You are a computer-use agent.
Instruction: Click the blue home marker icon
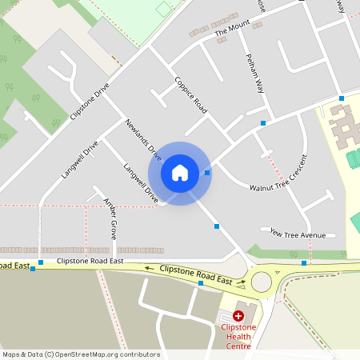[180, 173]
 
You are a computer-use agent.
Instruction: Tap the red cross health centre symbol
[238, 317]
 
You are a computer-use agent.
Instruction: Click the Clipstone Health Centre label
[237, 336]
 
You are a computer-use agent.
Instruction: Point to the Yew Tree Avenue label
[298, 234]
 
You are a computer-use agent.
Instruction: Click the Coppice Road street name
[191, 94]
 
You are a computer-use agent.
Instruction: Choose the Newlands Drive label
[144, 140]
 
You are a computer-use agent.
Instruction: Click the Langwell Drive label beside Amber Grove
[141, 182]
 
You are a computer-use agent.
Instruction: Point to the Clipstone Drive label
[90, 101]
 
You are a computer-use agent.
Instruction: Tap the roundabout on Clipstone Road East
[262, 281]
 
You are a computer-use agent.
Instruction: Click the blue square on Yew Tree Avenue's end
[304, 262]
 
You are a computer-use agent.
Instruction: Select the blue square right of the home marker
[207, 173]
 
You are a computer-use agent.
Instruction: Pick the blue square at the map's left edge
[33, 269]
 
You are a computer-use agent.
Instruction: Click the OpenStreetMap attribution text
[81, 354]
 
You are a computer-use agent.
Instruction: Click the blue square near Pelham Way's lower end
[262, 123]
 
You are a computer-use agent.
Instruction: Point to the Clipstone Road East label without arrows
[90, 261]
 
